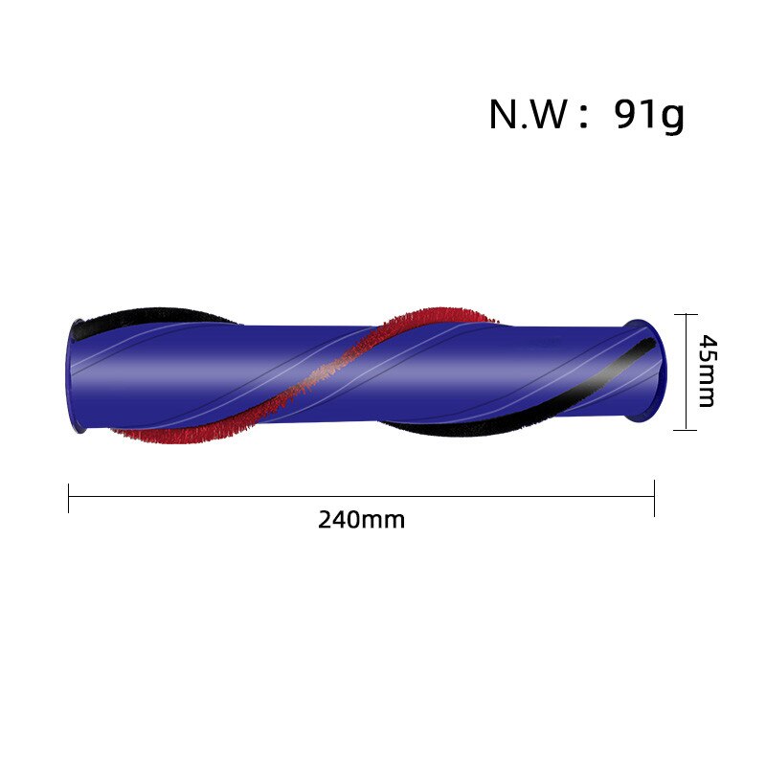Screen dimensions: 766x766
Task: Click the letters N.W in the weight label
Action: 529,115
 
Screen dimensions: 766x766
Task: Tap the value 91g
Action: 649,116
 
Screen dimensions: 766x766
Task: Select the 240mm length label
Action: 362,520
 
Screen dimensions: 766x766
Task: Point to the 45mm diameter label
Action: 707,371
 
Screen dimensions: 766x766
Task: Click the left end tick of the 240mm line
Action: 68,498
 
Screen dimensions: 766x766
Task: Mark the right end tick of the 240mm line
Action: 654,498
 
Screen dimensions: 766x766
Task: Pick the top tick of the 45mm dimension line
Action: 686,315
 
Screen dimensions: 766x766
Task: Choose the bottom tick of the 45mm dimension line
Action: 686,430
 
